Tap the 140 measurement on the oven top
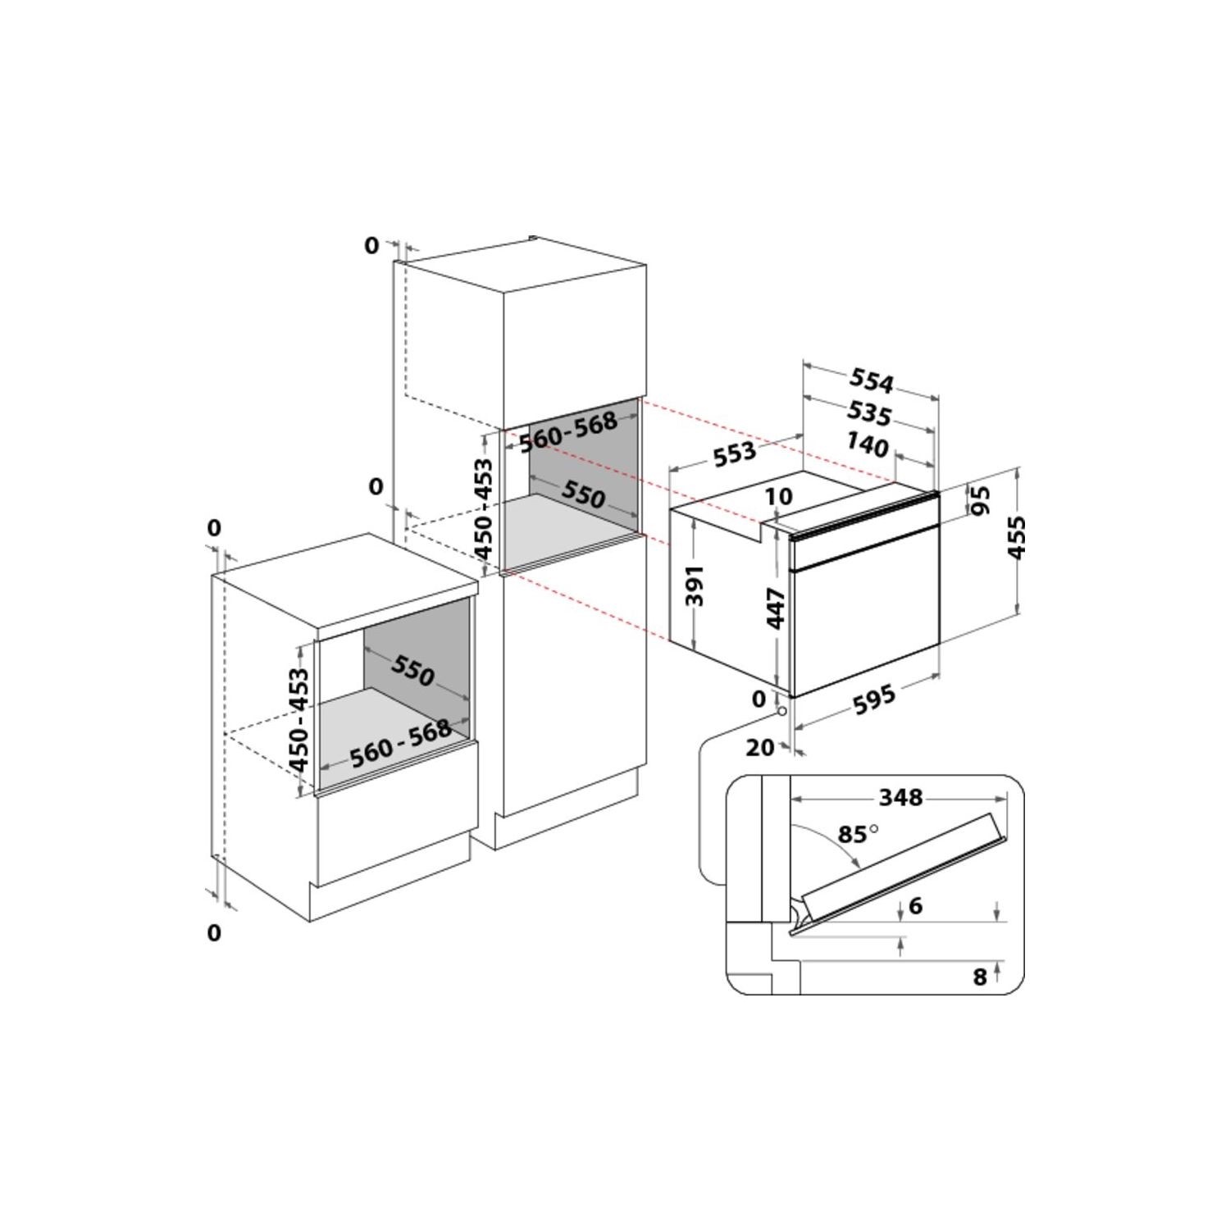coord(867,445)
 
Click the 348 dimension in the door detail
coord(900,797)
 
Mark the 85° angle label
coord(858,835)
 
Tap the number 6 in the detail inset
coord(916,905)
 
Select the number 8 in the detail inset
coord(979,977)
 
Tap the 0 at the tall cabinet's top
coord(371,245)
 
